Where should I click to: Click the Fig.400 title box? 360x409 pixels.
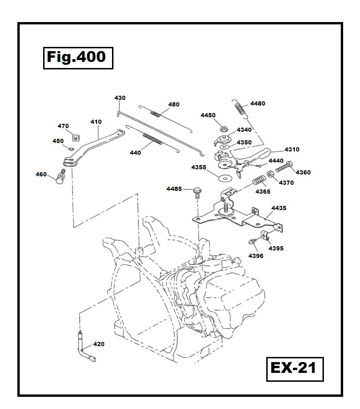point(78,58)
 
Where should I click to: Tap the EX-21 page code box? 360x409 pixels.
point(293,367)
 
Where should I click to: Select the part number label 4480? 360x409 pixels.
point(257,104)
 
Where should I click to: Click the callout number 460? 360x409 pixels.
point(41,174)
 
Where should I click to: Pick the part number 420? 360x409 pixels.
point(99,344)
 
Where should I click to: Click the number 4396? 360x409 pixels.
point(256,256)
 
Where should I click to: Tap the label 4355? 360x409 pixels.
point(198,167)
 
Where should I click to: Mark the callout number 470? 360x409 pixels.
point(63,126)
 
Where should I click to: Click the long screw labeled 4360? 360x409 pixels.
point(283,166)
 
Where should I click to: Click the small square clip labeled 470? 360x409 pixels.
point(75,136)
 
